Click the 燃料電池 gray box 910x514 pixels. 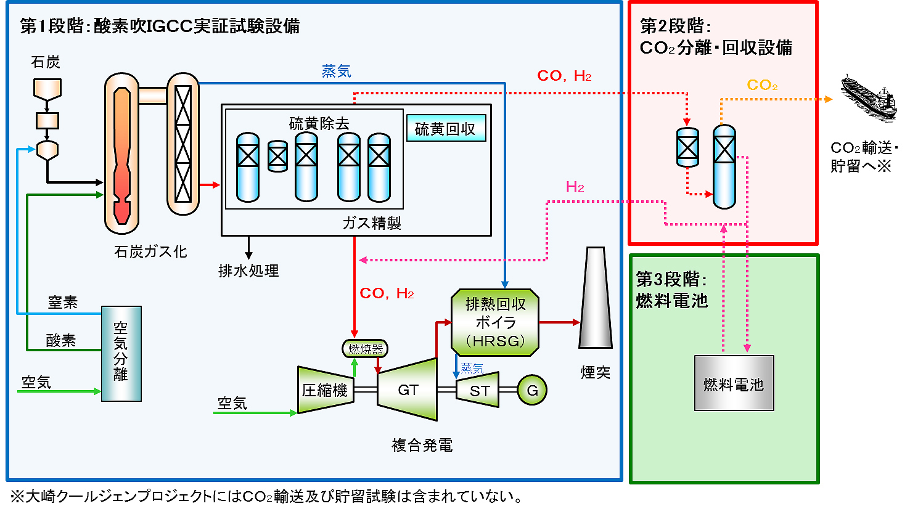click(x=734, y=383)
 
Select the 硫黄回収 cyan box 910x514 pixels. click(x=446, y=128)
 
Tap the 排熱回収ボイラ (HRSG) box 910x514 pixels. click(x=495, y=322)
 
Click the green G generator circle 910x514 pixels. click(x=531, y=390)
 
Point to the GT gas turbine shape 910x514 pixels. click(x=408, y=390)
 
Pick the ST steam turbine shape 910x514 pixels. click(x=478, y=391)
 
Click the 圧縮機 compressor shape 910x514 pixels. click(x=325, y=390)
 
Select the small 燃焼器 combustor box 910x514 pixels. click(x=365, y=349)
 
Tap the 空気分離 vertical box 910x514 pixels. click(x=121, y=353)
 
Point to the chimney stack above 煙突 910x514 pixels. click(x=595, y=299)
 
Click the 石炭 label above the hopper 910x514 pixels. click(x=46, y=62)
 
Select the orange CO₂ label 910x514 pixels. click(x=762, y=85)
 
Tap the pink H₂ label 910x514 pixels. click(x=575, y=187)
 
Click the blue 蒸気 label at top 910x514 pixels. click(x=337, y=71)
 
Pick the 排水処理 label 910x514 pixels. click(x=248, y=271)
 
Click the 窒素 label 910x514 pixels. click(x=63, y=303)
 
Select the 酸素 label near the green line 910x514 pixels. click(x=61, y=340)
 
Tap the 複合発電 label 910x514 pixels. click(x=422, y=445)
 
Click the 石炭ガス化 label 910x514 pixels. click(x=150, y=251)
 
